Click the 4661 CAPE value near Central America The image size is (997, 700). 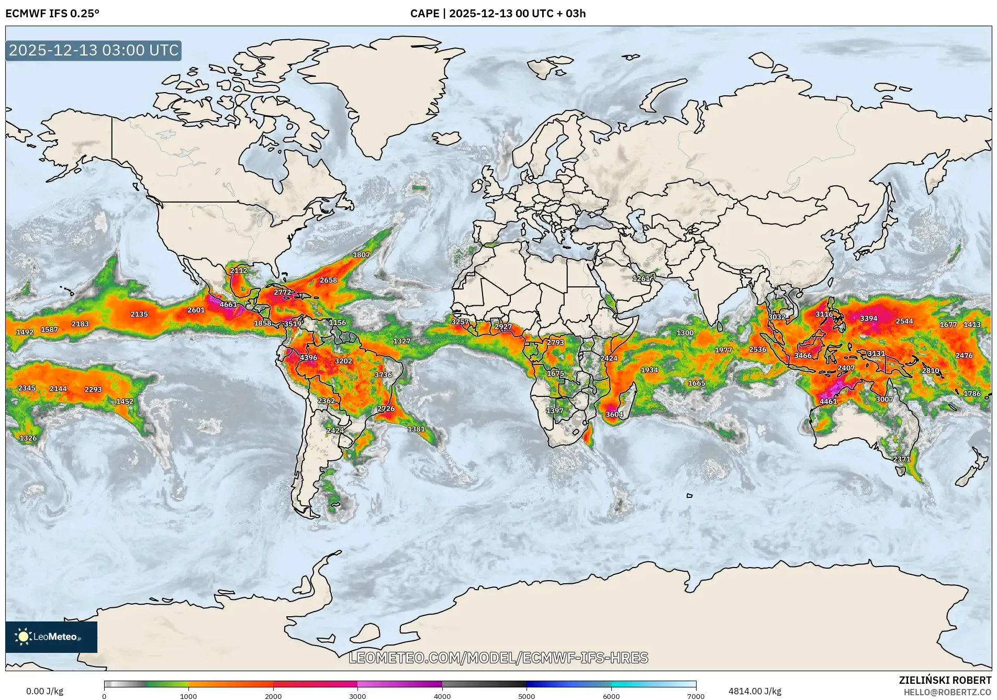pos(228,304)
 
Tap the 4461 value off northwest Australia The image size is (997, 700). pos(828,402)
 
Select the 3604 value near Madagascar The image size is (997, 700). pos(614,414)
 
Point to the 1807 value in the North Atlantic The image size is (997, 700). pos(361,255)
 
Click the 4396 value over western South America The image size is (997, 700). pos(308,358)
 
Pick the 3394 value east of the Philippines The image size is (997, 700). pos(868,318)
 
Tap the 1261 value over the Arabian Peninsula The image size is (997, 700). pos(641,279)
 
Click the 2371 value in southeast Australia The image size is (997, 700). pos(901,459)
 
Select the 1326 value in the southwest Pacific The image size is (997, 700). pos(28,438)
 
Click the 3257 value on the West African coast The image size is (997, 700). pos(460,321)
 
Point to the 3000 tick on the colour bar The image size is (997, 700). pos(357,696)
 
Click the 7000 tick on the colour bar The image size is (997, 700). pos(696,696)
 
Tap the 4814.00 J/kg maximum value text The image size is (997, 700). pos(755,691)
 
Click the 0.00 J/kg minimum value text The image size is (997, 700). pos(44,691)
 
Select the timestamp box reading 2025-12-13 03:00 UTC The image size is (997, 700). pos(94,50)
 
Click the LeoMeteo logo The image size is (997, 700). pos(51,637)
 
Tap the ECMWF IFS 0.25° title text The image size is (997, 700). pos(52,14)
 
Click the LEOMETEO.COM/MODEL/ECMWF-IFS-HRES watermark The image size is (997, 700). pos(498,658)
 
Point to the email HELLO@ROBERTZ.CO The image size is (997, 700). pos(947,692)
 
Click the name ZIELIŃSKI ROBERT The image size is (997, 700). pos(945,680)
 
